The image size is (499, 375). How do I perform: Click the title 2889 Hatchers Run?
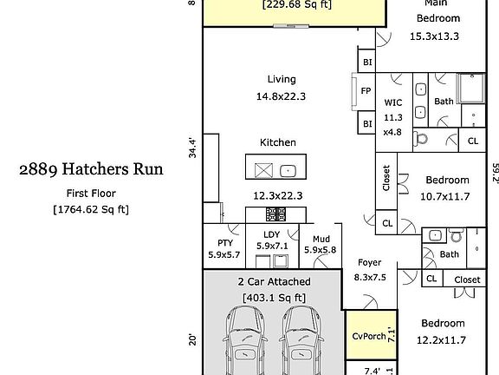coord(91,169)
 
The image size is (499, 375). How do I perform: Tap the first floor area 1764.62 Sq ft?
coord(91,209)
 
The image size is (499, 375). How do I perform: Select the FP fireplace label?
coord(366,91)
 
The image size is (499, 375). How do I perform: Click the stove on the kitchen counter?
coord(275,214)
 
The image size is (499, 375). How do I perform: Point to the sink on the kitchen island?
coord(288,171)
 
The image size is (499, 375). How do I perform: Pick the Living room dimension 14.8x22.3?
coord(281,96)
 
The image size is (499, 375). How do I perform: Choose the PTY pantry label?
coord(225,243)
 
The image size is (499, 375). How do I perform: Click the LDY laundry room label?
coord(272,234)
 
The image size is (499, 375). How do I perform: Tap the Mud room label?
coord(321,240)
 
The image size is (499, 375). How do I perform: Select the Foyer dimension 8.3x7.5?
coord(370,277)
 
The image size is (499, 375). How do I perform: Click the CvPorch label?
coord(369,336)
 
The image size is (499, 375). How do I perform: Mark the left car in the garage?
coord(245,340)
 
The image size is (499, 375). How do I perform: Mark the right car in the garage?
coord(301,340)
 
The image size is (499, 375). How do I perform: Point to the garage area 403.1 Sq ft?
coord(274,298)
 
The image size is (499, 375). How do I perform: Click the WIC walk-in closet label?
coord(393,102)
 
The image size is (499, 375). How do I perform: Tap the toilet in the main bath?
coord(421,140)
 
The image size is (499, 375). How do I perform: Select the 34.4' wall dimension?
coord(192,148)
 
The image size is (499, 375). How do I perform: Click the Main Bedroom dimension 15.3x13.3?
coord(434,36)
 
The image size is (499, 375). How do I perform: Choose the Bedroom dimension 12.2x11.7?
coord(442,340)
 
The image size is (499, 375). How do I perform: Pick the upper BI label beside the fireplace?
coord(367,62)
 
